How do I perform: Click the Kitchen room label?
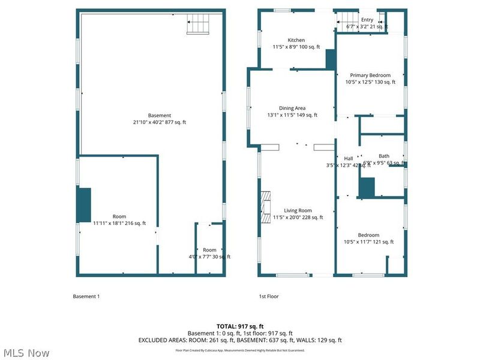(x=296, y=40)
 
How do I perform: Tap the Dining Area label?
(x=292, y=108)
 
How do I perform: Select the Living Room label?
(x=297, y=211)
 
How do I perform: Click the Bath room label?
(x=383, y=156)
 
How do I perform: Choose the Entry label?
(x=367, y=20)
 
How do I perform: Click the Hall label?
(x=348, y=158)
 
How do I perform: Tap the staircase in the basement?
(x=199, y=25)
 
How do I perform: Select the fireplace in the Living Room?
(x=265, y=206)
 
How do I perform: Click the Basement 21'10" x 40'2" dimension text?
(x=160, y=122)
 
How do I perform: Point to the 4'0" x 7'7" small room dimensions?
(x=209, y=257)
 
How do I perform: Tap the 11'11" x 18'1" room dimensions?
(x=119, y=223)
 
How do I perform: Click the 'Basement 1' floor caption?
(x=86, y=296)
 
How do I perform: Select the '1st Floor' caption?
(x=268, y=296)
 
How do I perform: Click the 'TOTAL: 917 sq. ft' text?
(x=240, y=326)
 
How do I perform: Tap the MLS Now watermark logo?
(x=26, y=353)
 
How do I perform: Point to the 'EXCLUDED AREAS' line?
(x=240, y=340)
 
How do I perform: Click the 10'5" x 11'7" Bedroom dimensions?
(x=369, y=242)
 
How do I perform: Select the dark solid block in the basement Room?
(x=83, y=204)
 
